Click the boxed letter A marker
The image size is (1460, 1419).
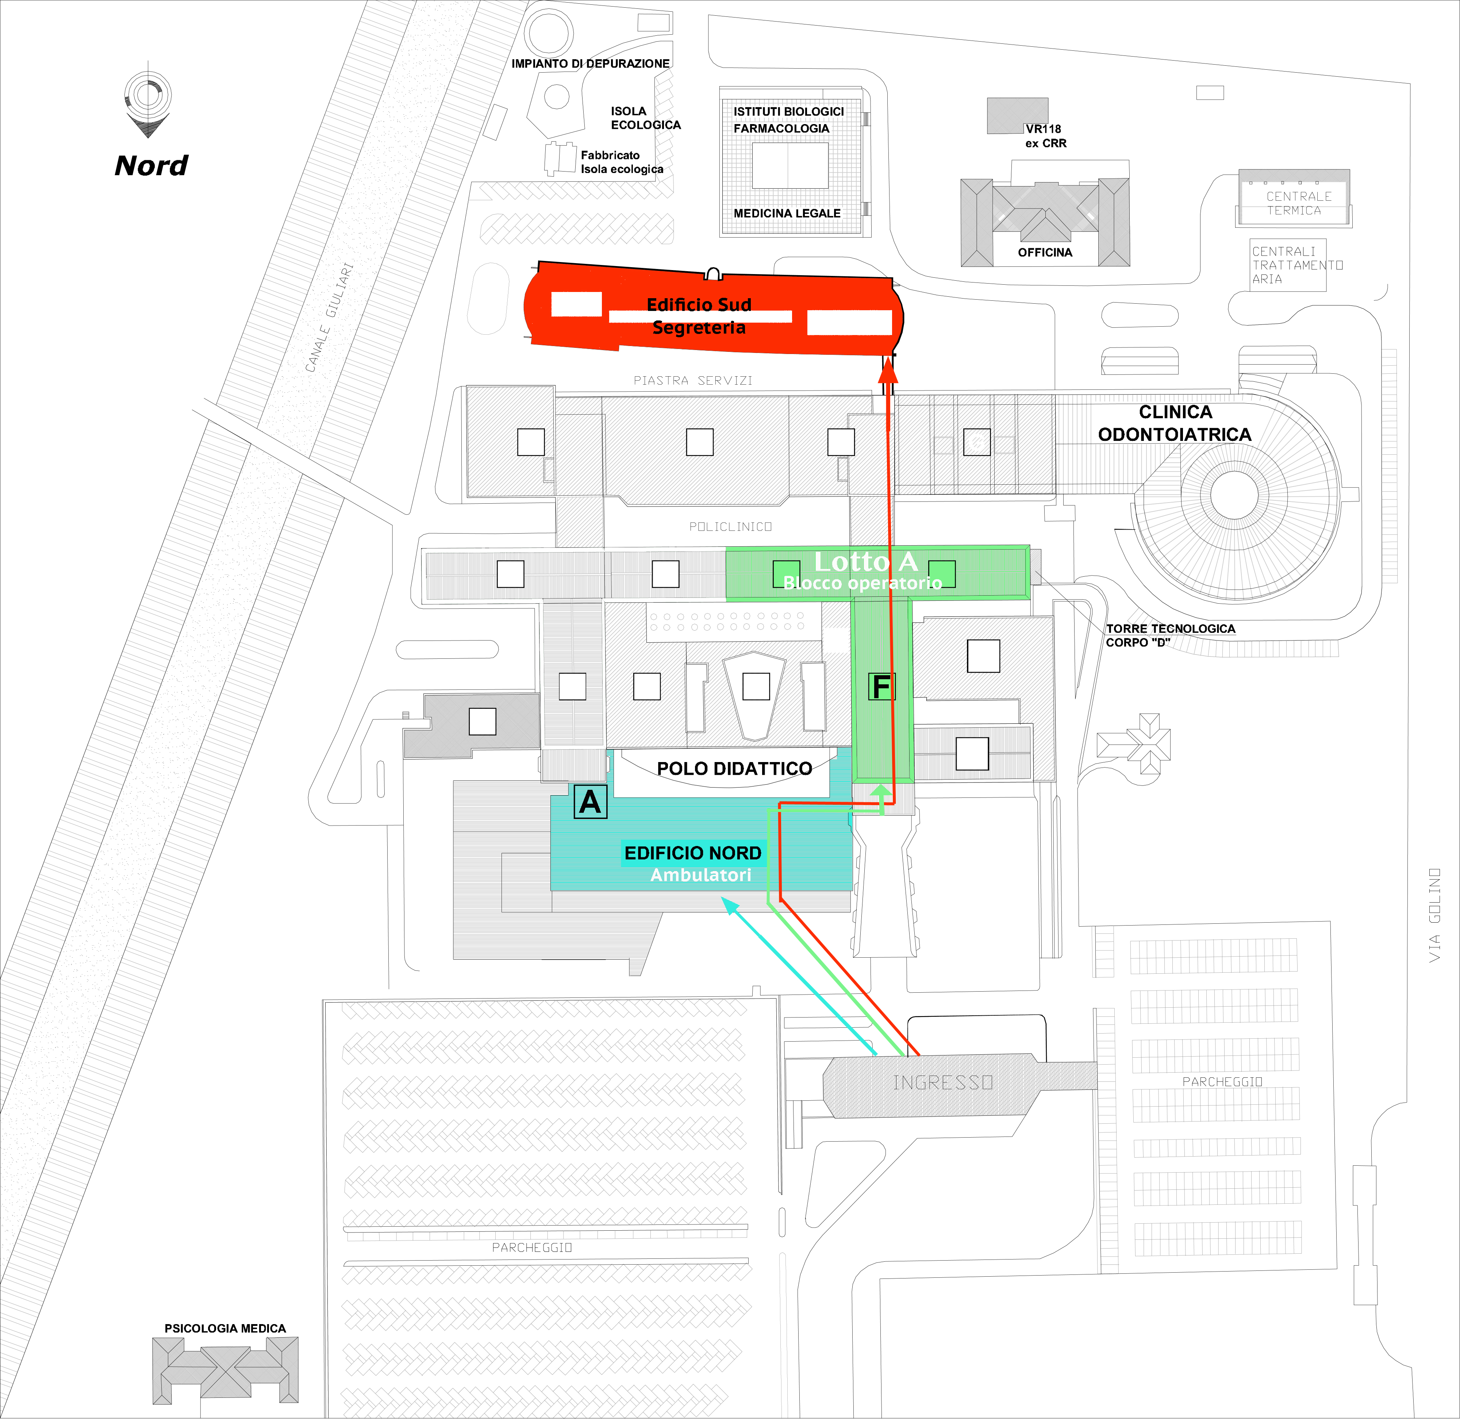[590, 802]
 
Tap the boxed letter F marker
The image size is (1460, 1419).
[882, 687]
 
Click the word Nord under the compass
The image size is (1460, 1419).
[151, 165]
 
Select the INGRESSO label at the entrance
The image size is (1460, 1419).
[943, 1082]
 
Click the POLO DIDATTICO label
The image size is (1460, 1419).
[734, 768]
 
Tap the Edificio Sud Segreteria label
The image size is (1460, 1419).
[699, 316]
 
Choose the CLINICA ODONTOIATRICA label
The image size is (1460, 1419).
[1175, 423]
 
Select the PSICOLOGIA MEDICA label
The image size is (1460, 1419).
[225, 1328]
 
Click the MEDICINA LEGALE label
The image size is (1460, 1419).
[787, 213]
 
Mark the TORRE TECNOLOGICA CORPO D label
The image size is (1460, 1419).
[1170, 635]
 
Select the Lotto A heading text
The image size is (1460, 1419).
[865, 561]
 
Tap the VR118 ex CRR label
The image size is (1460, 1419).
[1045, 136]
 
